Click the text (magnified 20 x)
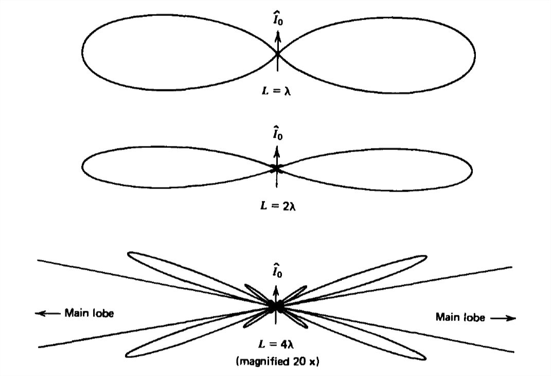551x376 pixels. click(277, 361)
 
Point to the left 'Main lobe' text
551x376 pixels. click(89, 313)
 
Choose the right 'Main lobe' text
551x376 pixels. click(460, 317)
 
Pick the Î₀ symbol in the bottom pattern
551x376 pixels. click(277, 271)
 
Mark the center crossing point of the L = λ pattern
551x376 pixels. click(277, 54)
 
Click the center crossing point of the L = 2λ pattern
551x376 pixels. click(277, 168)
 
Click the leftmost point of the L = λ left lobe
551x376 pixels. click(82, 51)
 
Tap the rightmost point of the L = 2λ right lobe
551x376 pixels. click(472, 168)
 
